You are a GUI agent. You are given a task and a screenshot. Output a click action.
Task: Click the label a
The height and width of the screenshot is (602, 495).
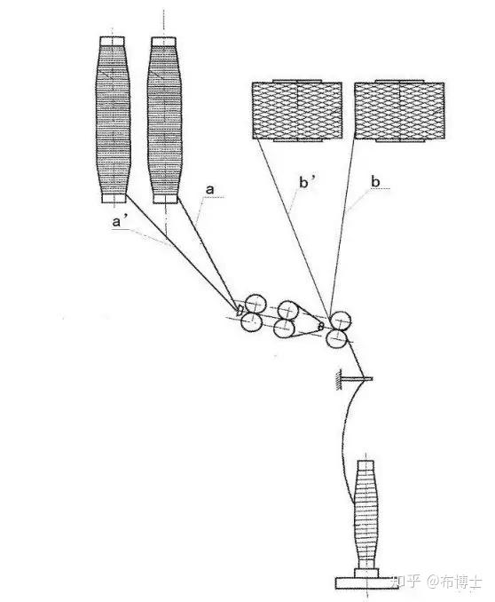209,189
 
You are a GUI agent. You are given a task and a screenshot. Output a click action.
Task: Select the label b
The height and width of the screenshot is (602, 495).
375,181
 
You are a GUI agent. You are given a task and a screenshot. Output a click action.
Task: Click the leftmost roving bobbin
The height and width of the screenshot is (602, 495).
113,119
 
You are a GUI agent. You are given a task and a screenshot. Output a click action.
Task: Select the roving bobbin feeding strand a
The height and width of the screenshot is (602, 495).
164,120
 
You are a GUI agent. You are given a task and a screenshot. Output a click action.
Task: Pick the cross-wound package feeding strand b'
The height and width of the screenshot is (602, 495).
297,111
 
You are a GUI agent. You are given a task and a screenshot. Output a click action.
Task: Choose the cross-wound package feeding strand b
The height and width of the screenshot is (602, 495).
399,111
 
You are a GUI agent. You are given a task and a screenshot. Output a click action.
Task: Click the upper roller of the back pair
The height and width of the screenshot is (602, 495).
255,305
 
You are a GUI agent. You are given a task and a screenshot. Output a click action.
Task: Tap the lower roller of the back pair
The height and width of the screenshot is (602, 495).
252,321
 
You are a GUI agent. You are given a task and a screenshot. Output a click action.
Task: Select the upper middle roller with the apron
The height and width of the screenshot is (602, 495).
288,311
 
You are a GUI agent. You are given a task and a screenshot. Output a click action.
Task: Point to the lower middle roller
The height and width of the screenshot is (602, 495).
285,328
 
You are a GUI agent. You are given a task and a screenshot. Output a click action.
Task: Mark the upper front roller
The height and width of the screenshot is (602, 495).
341,321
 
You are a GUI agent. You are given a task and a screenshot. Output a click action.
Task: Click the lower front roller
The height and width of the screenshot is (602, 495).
337,337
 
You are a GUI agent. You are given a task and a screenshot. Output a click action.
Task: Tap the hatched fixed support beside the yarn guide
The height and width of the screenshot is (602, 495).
339,380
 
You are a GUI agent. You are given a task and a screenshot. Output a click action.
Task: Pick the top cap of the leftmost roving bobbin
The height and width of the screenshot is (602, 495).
112,41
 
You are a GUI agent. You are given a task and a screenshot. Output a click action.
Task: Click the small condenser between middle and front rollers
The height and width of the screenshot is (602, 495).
321,326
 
